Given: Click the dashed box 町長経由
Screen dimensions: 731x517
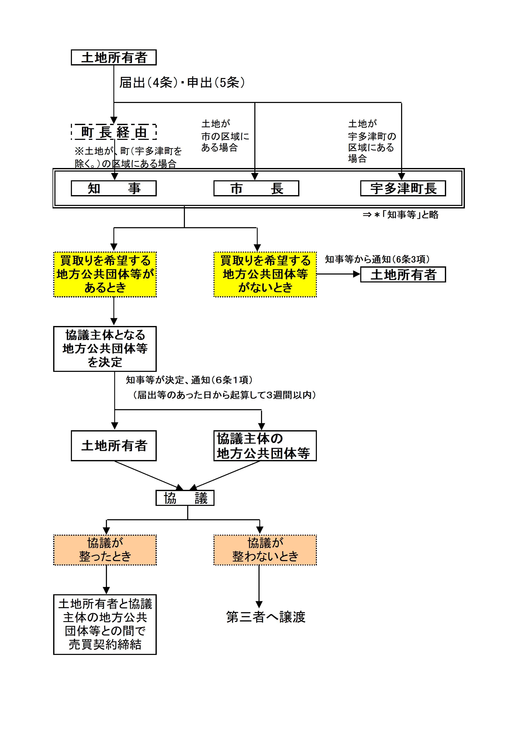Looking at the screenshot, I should pos(114,132).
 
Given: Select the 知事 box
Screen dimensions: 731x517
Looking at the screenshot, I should pos(114,188).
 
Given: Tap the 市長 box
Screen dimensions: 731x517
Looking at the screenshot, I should pos(256,188).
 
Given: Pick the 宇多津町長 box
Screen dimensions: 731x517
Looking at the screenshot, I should pos(403,188).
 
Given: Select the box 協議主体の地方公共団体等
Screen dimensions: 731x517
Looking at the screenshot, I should pos(265,446).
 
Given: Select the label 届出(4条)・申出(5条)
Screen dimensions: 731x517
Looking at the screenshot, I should pos(182,83).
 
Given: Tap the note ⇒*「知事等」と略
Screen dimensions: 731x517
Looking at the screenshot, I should pos(400,215).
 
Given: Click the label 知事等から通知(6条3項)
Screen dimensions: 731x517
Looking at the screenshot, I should pos(377,260).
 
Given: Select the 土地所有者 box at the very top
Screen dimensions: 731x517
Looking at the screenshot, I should pos(114,57).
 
